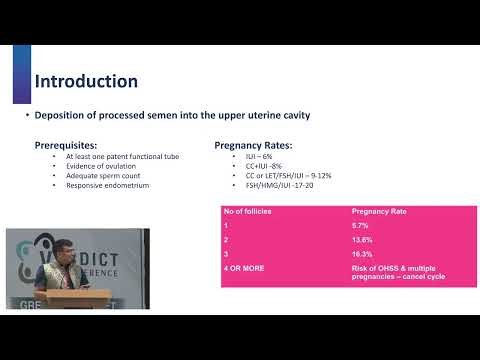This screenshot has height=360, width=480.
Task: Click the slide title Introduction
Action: click(86, 80)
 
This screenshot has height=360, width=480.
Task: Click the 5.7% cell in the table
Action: click(361, 228)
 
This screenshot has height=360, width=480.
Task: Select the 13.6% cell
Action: click(363, 242)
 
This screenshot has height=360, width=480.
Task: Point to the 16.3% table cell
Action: click(363, 256)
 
